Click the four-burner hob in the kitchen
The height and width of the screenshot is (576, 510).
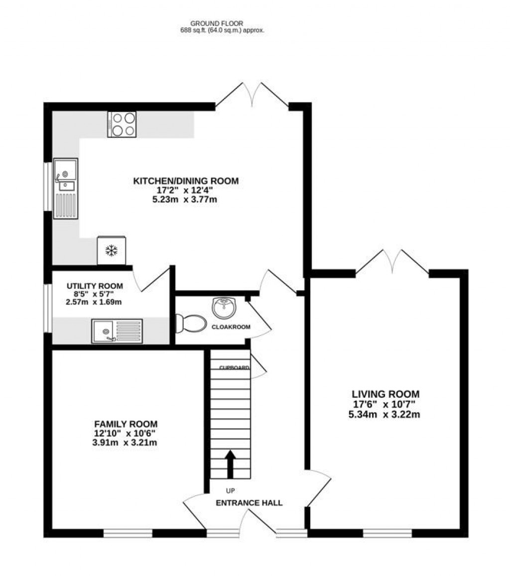point(122,124)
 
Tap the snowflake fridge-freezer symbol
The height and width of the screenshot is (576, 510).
point(111,250)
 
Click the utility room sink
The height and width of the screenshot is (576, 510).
point(117,331)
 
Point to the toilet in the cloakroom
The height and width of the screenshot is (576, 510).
point(191,323)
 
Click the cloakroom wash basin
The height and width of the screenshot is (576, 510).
point(224,307)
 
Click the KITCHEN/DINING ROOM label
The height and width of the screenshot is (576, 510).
point(185,181)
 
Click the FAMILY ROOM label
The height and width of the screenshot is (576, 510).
point(126,424)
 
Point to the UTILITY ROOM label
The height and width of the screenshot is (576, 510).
point(95,286)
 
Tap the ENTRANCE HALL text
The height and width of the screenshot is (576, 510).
point(249,503)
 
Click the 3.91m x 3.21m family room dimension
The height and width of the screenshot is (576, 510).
point(126,443)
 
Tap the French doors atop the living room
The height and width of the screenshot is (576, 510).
point(392,262)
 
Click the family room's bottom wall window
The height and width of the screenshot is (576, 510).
point(127,534)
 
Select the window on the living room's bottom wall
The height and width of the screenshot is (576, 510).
point(387,534)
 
